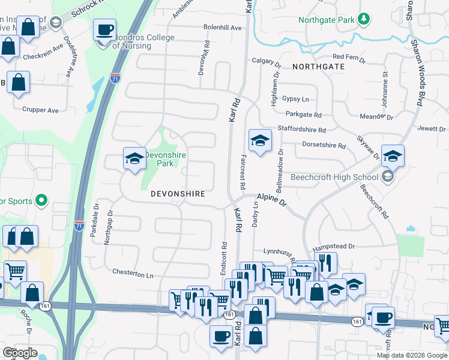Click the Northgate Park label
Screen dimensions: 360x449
(x=327, y=20)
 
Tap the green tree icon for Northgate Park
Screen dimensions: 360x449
(x=363, y=19)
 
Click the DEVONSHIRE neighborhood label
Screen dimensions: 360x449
(x=178, y=194)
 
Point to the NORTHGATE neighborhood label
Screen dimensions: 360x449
(x=319, y=66)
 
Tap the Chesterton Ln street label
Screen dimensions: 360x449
(x=133, y=274)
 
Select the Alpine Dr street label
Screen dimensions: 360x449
(x=272, y=200)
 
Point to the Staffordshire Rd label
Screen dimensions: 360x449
(x=301, y=129)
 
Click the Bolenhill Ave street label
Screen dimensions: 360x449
(x=222, y=28)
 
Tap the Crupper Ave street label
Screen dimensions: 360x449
(x=40, y=110)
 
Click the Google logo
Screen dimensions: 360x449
(x=20, y=352)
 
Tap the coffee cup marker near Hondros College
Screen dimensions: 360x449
(x=106, y=29)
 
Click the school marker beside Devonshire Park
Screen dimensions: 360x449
(x=134, y=158)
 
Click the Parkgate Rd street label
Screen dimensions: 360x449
(x=304, y=114)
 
